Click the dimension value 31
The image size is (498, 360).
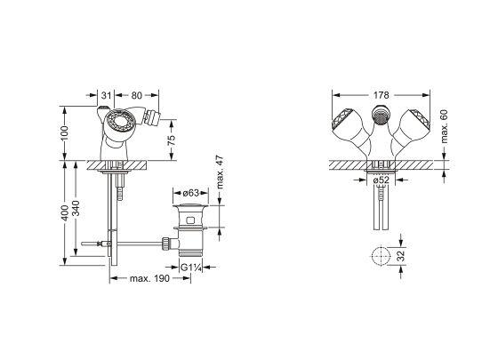pos(107,95)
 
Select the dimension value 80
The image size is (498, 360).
pos(137,95)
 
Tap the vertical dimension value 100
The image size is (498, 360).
pos(64,133)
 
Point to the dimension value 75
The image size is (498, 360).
pos(171,140)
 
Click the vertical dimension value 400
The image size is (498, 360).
pos(64,213)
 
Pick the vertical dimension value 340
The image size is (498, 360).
pos(76,208)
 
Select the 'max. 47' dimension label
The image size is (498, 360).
pos(220,172)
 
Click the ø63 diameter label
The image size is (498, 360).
pos(191,193)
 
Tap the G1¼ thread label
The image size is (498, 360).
pos(191,268)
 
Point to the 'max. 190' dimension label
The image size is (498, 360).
pos(150,279)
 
